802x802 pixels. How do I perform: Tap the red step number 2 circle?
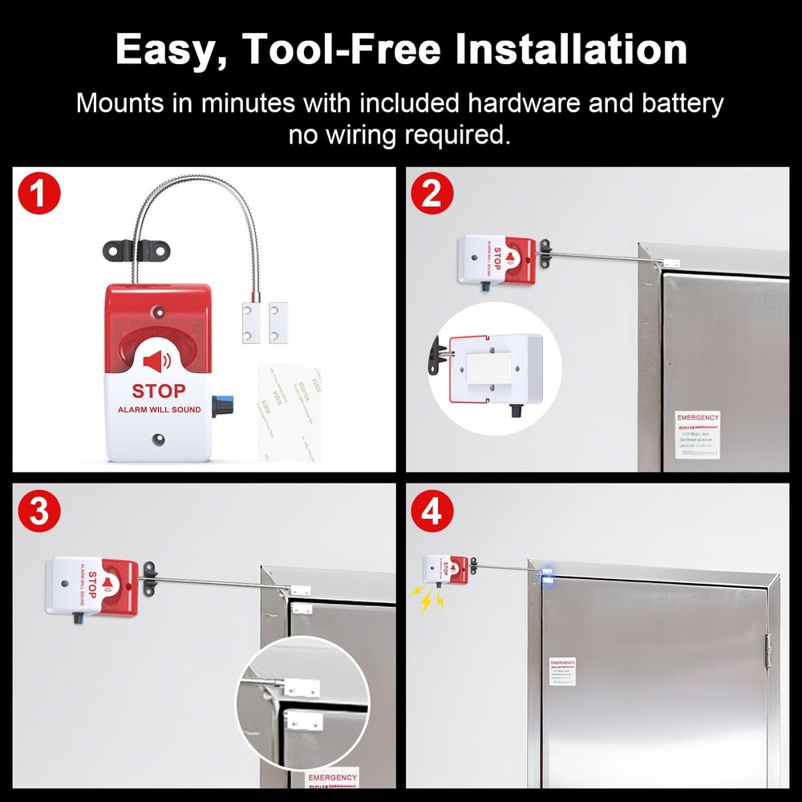click(431, 196)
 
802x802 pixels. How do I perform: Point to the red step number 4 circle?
click(431, 512)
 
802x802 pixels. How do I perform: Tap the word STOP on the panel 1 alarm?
click(158, 391)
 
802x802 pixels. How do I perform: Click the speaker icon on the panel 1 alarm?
click(156, 362)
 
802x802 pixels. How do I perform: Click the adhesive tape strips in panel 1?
click(289, 413)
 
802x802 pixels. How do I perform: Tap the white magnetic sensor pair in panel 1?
click(265, 322)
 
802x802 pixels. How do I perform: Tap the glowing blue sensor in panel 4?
click(547, 573)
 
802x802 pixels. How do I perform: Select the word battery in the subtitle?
click(683, 103)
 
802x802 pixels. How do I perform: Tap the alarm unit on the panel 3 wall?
click(91, 586)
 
